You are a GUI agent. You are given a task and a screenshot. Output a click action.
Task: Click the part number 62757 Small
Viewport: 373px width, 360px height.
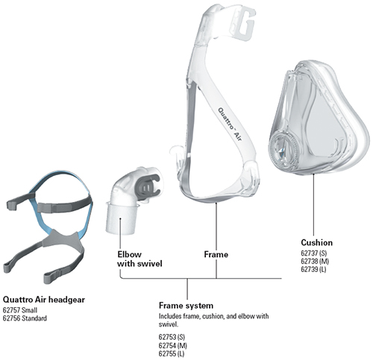[x=20, y=310]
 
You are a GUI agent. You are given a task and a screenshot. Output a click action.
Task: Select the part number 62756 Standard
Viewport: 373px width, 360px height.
[x=25, y=318]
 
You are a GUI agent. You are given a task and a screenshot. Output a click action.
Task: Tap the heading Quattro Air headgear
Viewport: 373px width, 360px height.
[x=44, y=300]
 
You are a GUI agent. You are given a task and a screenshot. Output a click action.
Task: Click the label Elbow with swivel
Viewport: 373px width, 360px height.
[x=140, y=259]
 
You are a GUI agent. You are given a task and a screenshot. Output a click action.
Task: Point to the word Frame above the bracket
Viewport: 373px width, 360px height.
[x=216, y=254]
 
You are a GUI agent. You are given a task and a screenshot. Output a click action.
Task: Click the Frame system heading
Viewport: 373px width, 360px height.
[x=186, y=306]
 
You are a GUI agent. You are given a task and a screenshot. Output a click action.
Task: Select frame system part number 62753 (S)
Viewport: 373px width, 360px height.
[x=172, y=337]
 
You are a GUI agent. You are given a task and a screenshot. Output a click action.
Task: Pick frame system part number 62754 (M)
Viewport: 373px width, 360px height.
[x=173, y=345]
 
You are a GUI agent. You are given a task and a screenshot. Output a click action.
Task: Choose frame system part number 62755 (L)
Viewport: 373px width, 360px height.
[x=172, y=353]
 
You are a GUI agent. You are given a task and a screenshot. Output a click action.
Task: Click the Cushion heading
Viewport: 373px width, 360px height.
[x=316, y=242]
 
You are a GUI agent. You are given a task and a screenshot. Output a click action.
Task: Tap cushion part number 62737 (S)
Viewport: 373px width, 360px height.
[x=313, y=253]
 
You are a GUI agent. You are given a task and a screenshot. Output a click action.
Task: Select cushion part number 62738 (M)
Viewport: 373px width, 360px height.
[x=315, y=261]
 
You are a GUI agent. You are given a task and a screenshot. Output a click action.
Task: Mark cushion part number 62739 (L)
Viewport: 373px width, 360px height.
[x=313, y=269]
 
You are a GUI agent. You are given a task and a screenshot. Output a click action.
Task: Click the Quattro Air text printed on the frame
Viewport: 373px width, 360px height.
[x=230, y=124]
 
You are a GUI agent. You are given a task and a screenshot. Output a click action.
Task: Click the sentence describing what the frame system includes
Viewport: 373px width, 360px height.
[x=213, y=320]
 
